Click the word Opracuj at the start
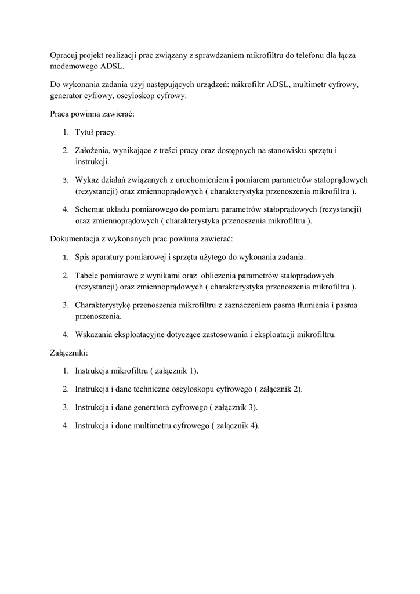pos(64,55)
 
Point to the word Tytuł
pos(85,133)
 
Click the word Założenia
pos(93,150)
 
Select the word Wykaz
pos(86,179)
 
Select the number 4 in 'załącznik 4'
pos(253,426)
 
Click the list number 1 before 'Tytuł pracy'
pos(66,133)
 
